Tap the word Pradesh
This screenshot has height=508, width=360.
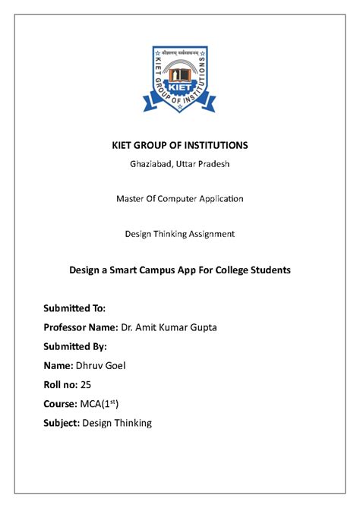(213, 165)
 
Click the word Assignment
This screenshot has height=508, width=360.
(210, 234)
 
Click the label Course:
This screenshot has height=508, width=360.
(63, 404)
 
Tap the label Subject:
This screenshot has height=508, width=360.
(65, 423)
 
